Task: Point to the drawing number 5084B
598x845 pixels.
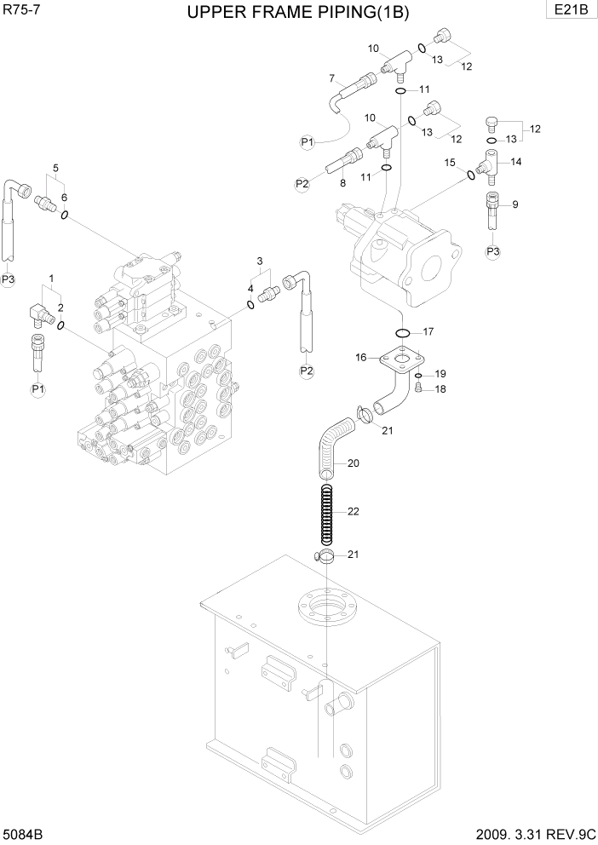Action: click(x=23, y=832)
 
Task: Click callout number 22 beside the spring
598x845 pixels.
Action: click(x=353, y=512)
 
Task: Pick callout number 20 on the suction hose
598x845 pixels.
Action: click(x=353, y=463)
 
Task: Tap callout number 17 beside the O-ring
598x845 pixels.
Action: click(x=428, y=331)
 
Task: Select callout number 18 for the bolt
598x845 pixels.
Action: click(x=440, y=389)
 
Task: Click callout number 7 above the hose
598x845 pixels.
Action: click(x=332, y=78)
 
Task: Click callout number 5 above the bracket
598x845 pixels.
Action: click(x=55, y=168)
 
